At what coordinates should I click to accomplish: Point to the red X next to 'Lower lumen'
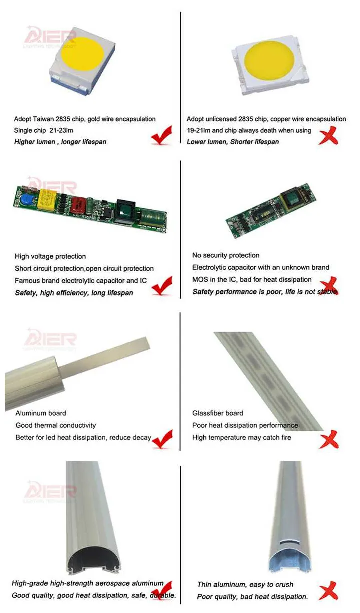point(328,136)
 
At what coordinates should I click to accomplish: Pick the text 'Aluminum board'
point(40,413)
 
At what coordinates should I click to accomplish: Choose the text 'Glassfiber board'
point(218,413)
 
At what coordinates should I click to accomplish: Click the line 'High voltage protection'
point(50,256)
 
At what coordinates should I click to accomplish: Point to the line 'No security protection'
point(226,255)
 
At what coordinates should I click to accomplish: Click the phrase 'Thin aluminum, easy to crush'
point(245,584)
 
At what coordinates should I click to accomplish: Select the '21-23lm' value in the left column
point(66,130)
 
